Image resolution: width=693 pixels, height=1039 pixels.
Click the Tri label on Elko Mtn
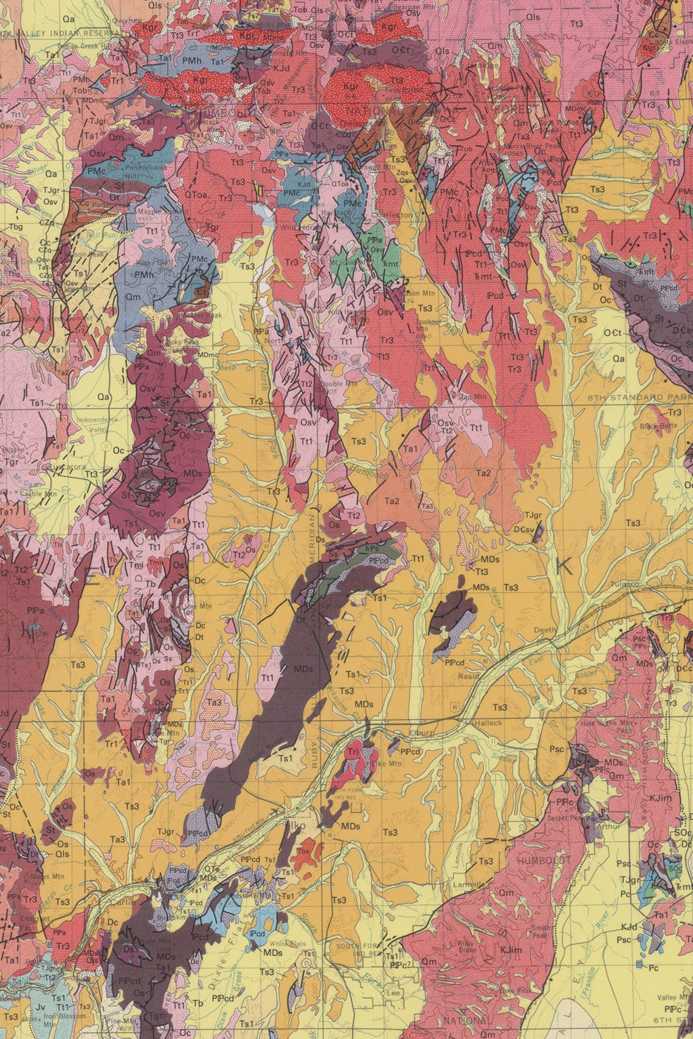click(353, 752)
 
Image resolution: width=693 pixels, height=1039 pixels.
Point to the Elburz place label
click(421, 733)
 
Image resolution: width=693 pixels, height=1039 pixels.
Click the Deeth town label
click(545, 630)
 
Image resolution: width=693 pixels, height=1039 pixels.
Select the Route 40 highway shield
click(455, 706)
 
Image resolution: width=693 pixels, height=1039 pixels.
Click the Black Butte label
click(658, 426)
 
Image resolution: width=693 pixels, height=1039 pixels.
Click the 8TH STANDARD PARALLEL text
click(638, 397)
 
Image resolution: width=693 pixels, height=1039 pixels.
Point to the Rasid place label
click(468, 676)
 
